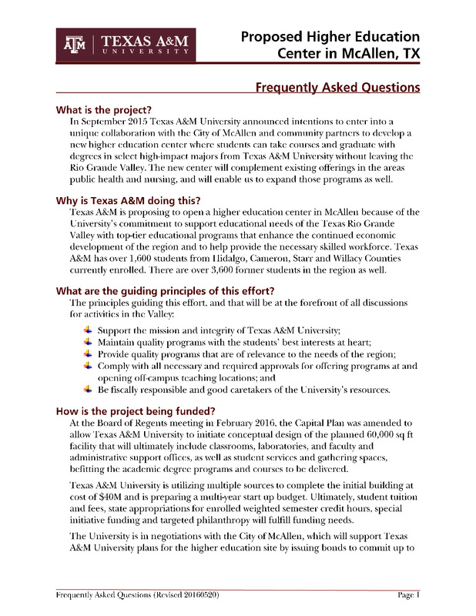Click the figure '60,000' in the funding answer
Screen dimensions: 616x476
pos(370,436)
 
